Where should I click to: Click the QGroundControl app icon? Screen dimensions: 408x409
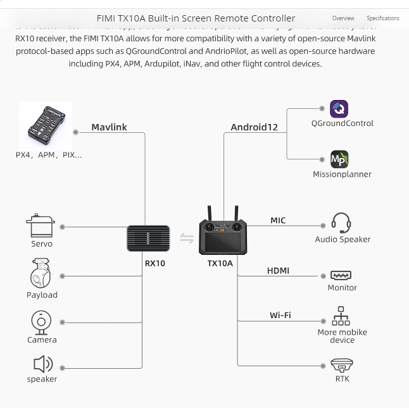[339, 109]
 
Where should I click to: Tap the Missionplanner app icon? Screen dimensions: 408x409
[339, 159]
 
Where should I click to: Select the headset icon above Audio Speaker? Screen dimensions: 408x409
[341, 223]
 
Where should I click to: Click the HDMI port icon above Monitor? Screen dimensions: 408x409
[341, 275]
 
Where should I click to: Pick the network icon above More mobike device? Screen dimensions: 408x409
[341, 316]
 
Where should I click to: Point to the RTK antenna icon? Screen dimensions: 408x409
[341, 365]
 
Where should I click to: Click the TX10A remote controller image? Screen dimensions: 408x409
[222, 234]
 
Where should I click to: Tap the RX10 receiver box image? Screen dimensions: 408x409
[148, 238]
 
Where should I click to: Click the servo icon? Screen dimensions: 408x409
[41, 226]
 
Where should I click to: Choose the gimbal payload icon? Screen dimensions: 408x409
[41, 273]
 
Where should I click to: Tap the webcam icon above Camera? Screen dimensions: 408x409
[41, 322]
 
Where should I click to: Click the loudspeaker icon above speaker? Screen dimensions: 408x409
[42, 364]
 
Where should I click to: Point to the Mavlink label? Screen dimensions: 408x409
[109, 127]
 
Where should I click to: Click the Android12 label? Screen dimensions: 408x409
[254, 127]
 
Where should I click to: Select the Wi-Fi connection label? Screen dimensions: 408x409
[280, 315]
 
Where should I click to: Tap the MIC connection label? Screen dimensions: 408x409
[278, 221]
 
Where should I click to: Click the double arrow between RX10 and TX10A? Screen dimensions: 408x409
[187, 238]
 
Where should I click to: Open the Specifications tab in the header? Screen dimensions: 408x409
[382, 18]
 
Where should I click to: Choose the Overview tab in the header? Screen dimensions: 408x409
[343, 18]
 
